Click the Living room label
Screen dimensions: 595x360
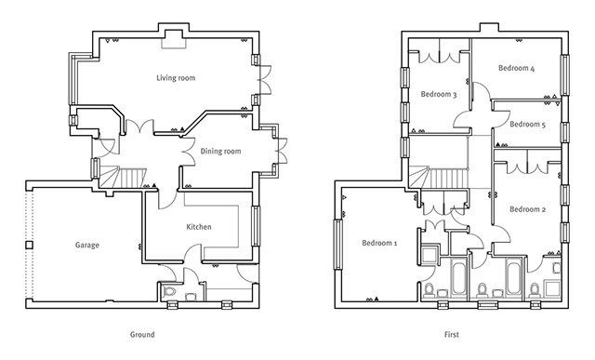point(176,78)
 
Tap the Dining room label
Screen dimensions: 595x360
point(220,151)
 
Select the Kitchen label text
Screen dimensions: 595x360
point(199,227)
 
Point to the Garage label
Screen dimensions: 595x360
point(86,246)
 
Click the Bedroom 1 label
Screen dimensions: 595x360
point(379,243)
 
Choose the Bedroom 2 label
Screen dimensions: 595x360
point(527,209)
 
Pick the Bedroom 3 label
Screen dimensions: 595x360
point(439,94)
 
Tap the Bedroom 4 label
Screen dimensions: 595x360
point(517,68)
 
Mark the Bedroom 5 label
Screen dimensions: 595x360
point(527,124)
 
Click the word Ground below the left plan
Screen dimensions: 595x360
point(142,335)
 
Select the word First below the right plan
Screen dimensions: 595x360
point(452,335)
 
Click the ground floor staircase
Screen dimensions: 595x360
point(123,177)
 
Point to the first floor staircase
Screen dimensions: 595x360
point(438,177)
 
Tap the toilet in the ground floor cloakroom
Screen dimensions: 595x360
point(169,292)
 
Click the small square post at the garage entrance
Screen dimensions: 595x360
point(29,245)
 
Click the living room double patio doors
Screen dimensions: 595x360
point(264,79)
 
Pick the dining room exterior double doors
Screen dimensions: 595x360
point(282,151)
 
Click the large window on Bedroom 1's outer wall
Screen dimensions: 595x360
point(337,244)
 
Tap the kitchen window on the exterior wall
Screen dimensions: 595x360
point(257,226)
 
